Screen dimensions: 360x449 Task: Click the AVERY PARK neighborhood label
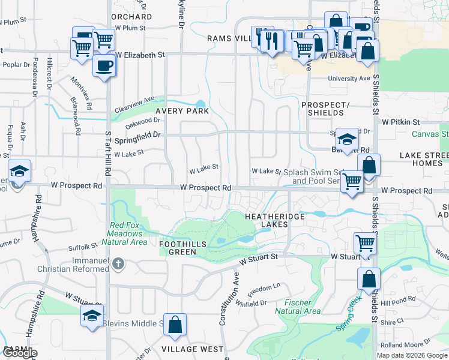pyautogui.click(x=182, y=111)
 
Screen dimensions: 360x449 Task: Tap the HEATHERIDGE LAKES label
pyautogui.click(x=267, y=220)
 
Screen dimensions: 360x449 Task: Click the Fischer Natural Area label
pyautogui.click(x=298, y=307)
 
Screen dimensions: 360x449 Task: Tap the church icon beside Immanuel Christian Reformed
pyautogui.click(x=119, y=263)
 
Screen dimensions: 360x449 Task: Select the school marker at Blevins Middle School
pyautogui.click(x=92, y=316)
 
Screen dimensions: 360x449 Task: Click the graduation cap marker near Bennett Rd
pyautogui.click(x=347, y=139)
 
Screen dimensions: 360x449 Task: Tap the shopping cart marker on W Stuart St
pyautogui.click(x=365, y=243)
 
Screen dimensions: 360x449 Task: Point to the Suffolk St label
pyautogui.click(x=83, y=246)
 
